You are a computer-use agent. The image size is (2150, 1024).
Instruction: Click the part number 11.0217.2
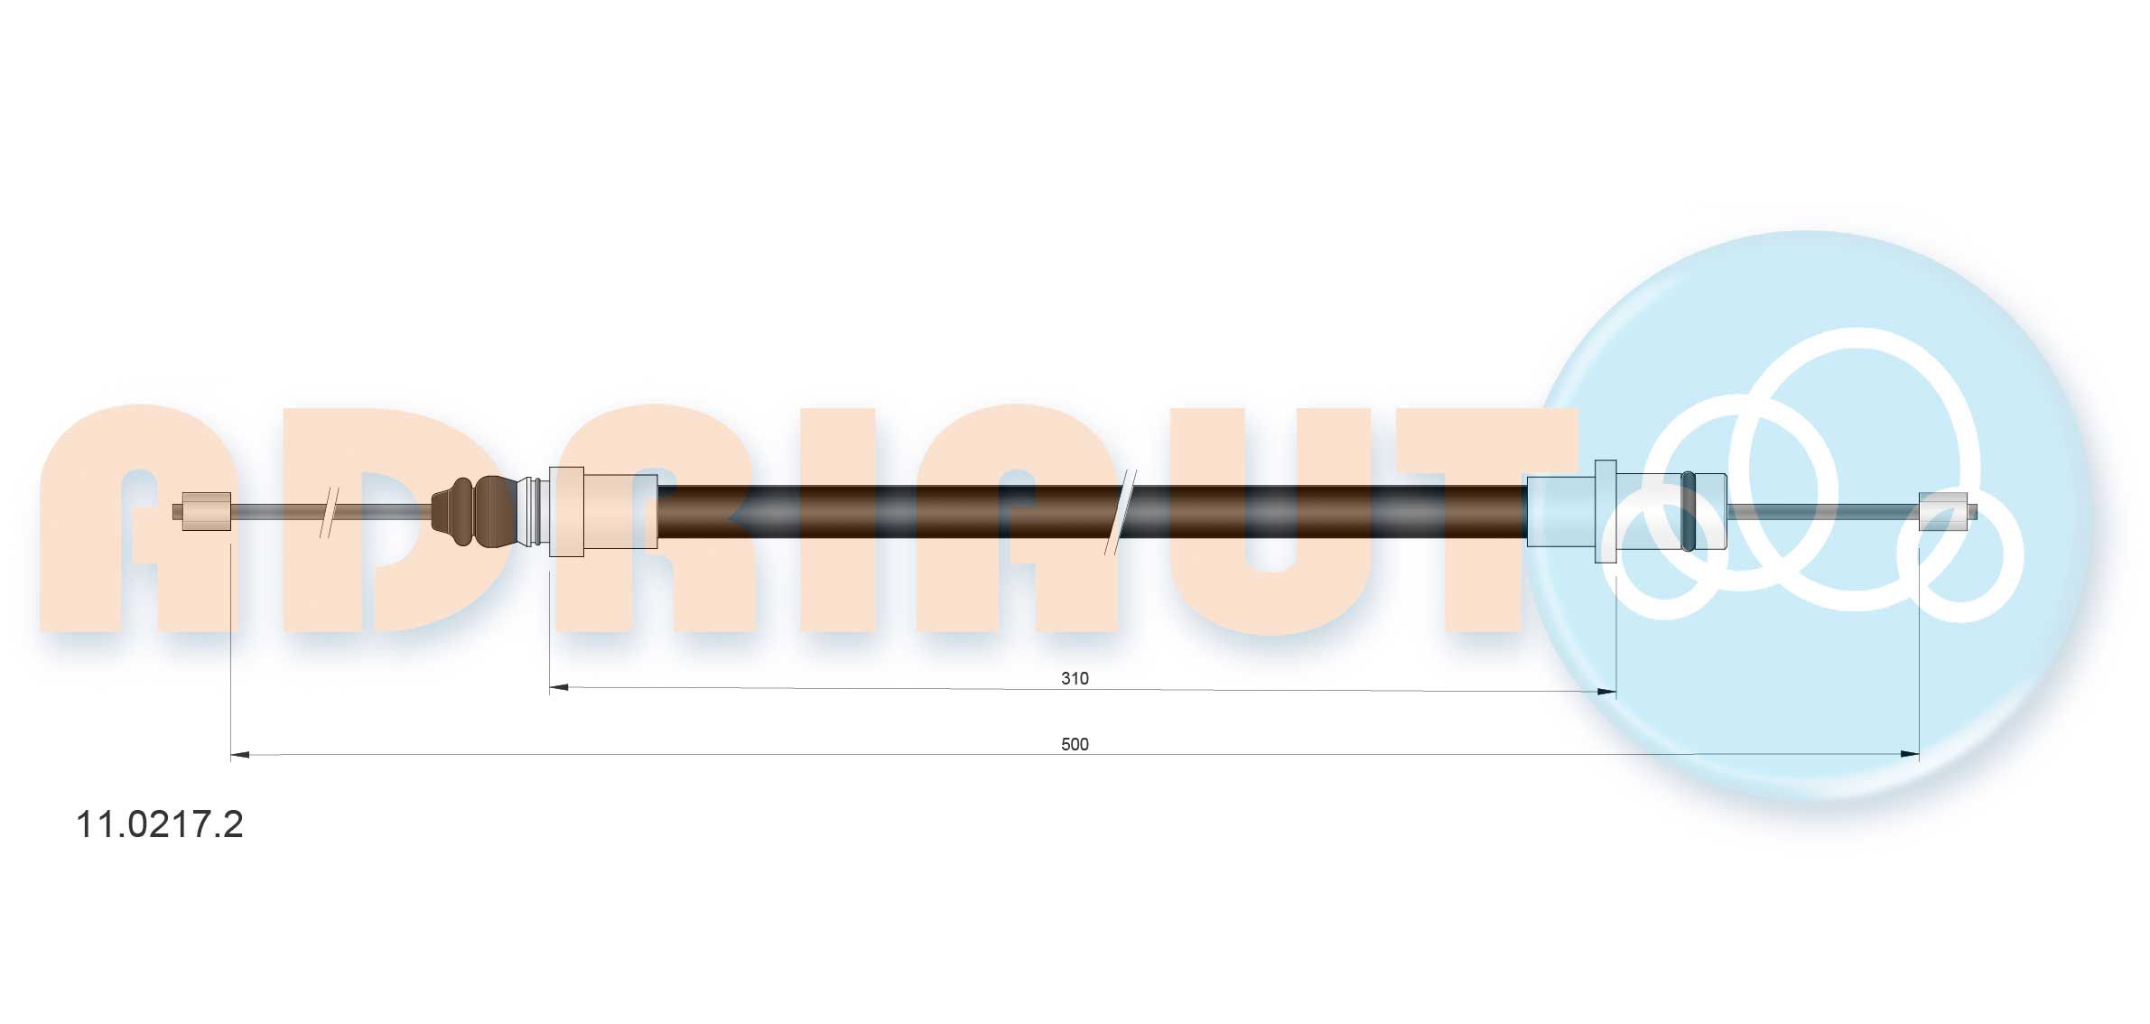point(159,824)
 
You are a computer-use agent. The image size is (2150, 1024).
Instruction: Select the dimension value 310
point(1075,678)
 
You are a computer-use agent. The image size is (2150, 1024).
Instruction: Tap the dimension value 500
point(1075,744)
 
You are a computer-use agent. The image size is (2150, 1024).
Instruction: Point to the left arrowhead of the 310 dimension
point(559,688)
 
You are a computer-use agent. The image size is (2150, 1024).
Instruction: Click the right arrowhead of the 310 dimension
point(1606,692)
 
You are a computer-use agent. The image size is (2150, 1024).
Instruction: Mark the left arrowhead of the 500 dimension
point(240,754)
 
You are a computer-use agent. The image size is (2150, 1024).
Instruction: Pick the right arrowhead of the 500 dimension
point(1910,754)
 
